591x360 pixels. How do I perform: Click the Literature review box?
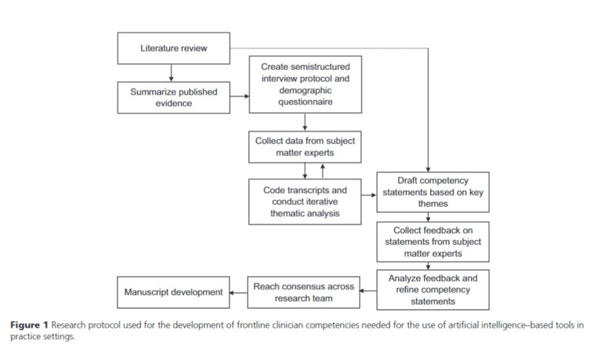[173, 49]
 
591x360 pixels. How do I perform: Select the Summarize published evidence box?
[173, 98]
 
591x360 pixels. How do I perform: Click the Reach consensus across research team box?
[304, 292]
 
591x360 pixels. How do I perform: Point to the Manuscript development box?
[173, 292]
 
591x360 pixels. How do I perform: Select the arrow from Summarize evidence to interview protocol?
[240, 97]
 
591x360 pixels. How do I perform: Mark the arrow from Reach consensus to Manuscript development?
[239, 292]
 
